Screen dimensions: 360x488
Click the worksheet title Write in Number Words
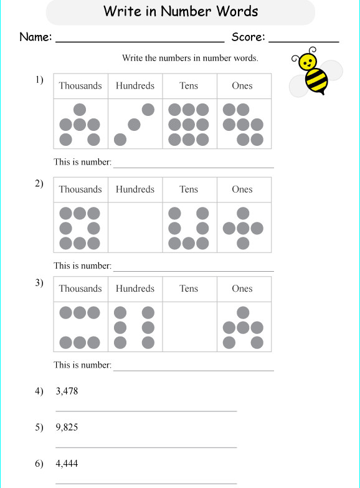point(181,11)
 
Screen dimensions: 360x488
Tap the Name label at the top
point(36,37)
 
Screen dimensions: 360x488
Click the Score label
point(248,37)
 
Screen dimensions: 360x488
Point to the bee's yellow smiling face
point(306,61)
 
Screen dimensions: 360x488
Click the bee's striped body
point(316,82)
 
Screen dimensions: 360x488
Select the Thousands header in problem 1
point(80,86)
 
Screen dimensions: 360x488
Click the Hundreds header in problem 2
point(135,189)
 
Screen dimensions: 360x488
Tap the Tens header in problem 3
point(189,289)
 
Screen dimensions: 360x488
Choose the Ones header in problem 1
point(242,86)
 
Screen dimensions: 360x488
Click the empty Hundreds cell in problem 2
point(135,227)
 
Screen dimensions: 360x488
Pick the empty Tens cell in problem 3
point(189,327)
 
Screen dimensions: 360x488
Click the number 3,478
point(67,391)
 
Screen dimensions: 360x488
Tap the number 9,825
point(67,428)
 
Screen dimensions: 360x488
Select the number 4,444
point(67,464)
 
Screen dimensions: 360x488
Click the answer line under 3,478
point(146,411)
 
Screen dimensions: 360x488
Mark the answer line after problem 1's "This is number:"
point(193,167)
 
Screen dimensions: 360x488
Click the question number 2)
point(39,183)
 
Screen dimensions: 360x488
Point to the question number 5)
point(39,428)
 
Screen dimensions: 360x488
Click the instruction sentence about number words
point(190,59)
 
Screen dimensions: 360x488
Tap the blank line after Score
point(303,41)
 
